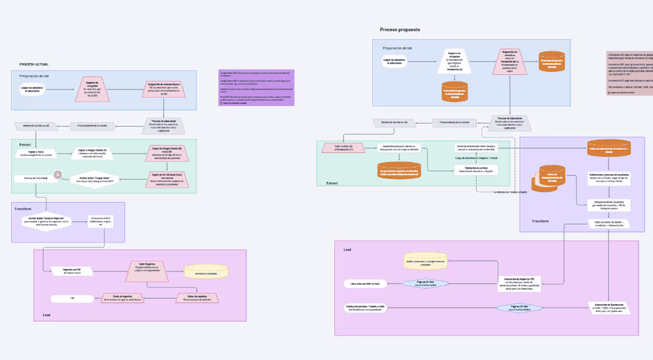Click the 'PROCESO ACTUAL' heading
pos(34,64)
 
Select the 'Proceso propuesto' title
pos(401,29)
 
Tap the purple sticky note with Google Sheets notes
pos(256,87)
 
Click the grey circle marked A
pos(58,175)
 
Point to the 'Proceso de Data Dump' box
pos(36,178)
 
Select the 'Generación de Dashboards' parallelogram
pos(607,307)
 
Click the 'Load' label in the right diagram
pos(347,250)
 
